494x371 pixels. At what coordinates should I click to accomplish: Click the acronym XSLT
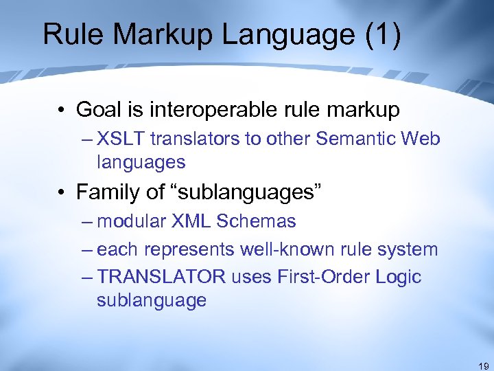point(121,139)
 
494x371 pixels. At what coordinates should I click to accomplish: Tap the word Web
point(419,139)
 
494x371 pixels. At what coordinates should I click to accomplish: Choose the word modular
point(130,221)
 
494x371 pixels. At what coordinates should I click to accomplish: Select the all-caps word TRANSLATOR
point(161,277)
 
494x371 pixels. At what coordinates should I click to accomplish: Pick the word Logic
point(397,277)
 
